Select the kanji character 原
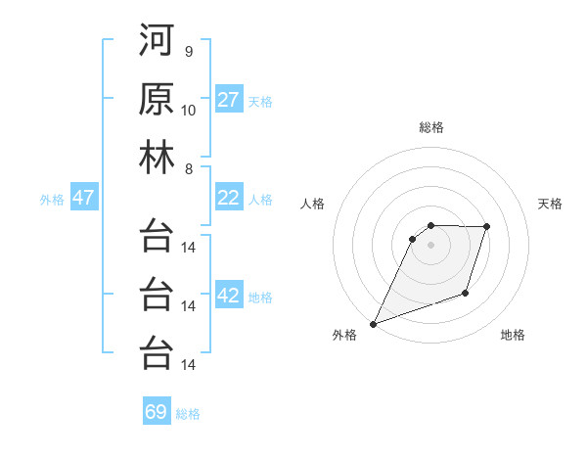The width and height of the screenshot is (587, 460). (157, 102)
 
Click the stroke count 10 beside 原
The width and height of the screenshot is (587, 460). (189, 110)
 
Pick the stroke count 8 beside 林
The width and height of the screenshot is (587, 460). (188, 168)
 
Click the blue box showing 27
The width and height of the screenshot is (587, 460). (229, 100)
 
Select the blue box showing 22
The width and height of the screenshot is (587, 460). (229, 198)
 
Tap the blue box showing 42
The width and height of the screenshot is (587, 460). (229, 296)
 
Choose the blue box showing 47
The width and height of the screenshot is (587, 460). (83, 198)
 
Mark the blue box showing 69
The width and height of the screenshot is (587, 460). (157, 412)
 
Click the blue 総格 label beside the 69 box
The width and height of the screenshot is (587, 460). (188, 414)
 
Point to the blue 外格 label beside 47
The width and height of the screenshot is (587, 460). (52, 200)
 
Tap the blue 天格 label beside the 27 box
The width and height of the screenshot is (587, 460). (260, 102)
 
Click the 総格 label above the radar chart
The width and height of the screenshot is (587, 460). (430, 127)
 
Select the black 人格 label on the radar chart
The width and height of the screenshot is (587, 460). (313, 204)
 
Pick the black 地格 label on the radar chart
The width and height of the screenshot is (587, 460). (513, 335)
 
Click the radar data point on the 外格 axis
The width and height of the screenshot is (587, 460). (373, 324)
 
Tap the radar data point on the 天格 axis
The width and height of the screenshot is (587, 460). (487, 227)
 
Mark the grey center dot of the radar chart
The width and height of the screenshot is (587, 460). (430, 245)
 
